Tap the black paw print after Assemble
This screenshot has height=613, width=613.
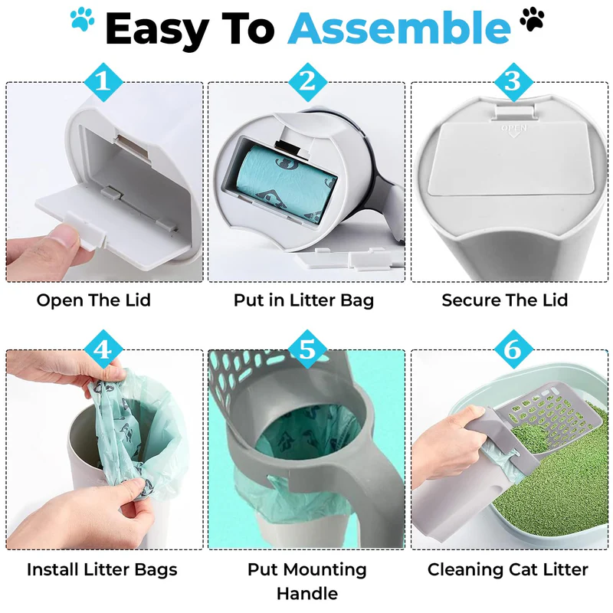pyautogui.click(x=530, y=18)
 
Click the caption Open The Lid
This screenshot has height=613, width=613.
pyautogui.click(x=93, y=300)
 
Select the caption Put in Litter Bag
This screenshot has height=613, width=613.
pyautogui.click(x=304, y=300)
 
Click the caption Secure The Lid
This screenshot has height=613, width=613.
pyautogui.click(x=505, y=300)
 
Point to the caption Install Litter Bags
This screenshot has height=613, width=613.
pyautogui.click(x=102, y=569)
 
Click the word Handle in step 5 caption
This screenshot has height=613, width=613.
pyautogui.click(x=306, y=594)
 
